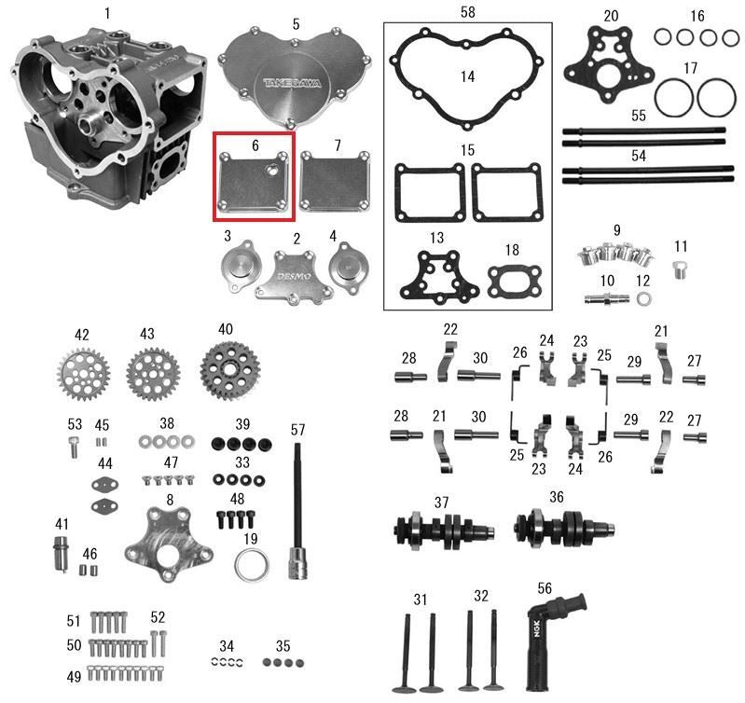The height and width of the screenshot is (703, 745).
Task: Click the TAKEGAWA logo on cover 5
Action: pyautogui.click(x=292, y=83)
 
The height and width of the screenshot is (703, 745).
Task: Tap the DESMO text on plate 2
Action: pyautogui.click(x=294, y=277)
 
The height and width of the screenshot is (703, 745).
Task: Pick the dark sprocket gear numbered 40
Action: pyautogui.click(x=230, y=367)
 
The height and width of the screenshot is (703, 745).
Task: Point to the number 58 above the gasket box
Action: pyautogui.click(x=467, y=12)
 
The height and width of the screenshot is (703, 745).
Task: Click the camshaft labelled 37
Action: pyautogui.click(x=445, y=531)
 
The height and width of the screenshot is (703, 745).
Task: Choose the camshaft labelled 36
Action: pyautogui.click(x=564, y=528)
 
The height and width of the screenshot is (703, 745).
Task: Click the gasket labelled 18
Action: pyautogui.click(x=515, y=283)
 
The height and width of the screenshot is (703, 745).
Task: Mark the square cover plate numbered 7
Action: pyautogui.click(x=336, y=182)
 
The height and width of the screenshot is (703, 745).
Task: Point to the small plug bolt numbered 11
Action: pyautogui.click(x=680, y=269)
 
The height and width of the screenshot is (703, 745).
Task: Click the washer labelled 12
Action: pyautogui.click(x=643, y=298)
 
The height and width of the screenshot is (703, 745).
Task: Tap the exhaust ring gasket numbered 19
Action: pyautogui.click(x=251, y=565)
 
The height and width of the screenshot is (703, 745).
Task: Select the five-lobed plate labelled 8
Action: pyautogui.click(x=169, y=544)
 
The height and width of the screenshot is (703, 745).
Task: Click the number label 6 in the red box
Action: pyautogui.click(x=255, y=145)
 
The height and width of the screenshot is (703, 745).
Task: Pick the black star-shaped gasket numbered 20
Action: pyautogui.click(x=610, y=64)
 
